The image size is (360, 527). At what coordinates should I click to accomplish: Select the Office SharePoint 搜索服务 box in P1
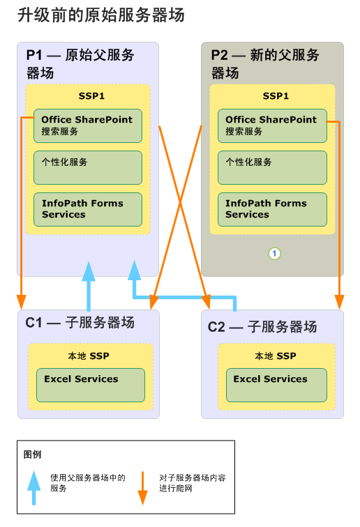[87, 125]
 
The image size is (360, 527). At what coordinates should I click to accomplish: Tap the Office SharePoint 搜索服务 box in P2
[271, 125]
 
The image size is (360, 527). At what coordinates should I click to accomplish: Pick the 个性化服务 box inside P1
[87, 167]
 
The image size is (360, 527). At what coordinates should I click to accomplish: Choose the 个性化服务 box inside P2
[271, 167]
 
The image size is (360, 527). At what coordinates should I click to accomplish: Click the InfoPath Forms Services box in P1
[87, 209]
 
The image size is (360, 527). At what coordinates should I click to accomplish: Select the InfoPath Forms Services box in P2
[271, 209]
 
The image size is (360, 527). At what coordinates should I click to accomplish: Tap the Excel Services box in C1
[90, 385]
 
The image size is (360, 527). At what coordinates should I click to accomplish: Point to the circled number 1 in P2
[274, 254]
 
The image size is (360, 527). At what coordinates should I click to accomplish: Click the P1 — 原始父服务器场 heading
[80, 63]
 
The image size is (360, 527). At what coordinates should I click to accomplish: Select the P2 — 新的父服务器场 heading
[265, 63]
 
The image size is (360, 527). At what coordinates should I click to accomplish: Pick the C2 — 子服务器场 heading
[262, 327]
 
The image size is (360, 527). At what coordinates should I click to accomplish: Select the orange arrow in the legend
[142, 488]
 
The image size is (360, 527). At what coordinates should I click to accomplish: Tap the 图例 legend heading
[33, 455]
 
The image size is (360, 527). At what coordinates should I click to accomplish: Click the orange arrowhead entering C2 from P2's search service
[339, 302]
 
